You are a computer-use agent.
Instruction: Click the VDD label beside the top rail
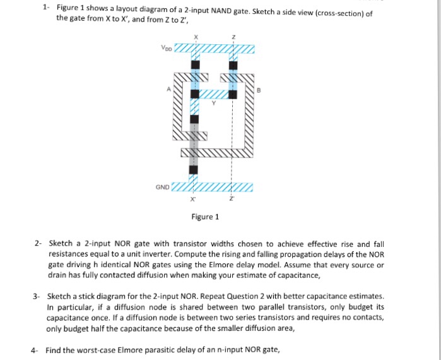[x=165, y=48]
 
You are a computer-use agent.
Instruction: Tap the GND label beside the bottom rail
[x=162, y=188]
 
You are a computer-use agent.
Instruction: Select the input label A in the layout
[x=168, y=89]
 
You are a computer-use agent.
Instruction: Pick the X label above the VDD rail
[x=196, y=37]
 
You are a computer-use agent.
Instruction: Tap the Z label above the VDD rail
[x=233, y=37]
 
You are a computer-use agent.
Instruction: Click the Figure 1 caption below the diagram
[x=206, y=217]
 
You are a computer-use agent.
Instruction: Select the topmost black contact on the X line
[x=195, y=64]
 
